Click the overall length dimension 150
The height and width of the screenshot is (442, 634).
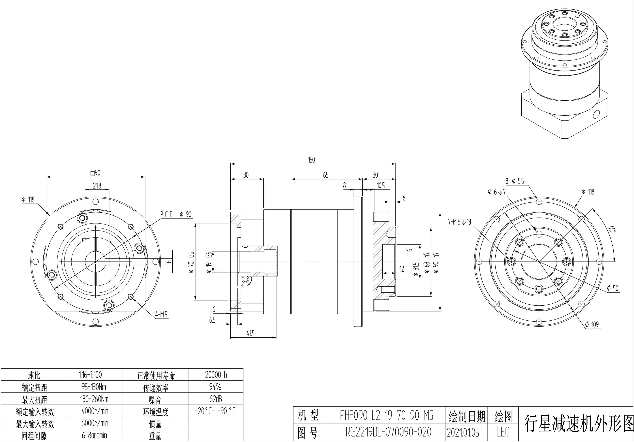(x=311, y=160)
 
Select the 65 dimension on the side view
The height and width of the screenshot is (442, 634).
(x=326, y=175)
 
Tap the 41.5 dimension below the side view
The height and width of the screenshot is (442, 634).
(x=250, y=333)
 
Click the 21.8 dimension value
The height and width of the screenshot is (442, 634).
(x=97, y=186)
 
